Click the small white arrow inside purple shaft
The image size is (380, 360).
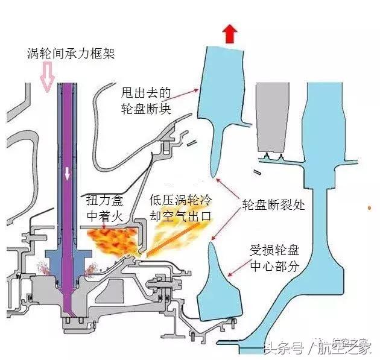(68, 173)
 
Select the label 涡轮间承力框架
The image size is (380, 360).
(71, 54)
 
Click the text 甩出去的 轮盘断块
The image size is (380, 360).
(147, 101)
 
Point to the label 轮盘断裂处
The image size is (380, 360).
(273, 204)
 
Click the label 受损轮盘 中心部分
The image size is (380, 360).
(274, 257)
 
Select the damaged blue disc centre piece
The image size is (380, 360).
(222, 289)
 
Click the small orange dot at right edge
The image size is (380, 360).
(369, 207)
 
